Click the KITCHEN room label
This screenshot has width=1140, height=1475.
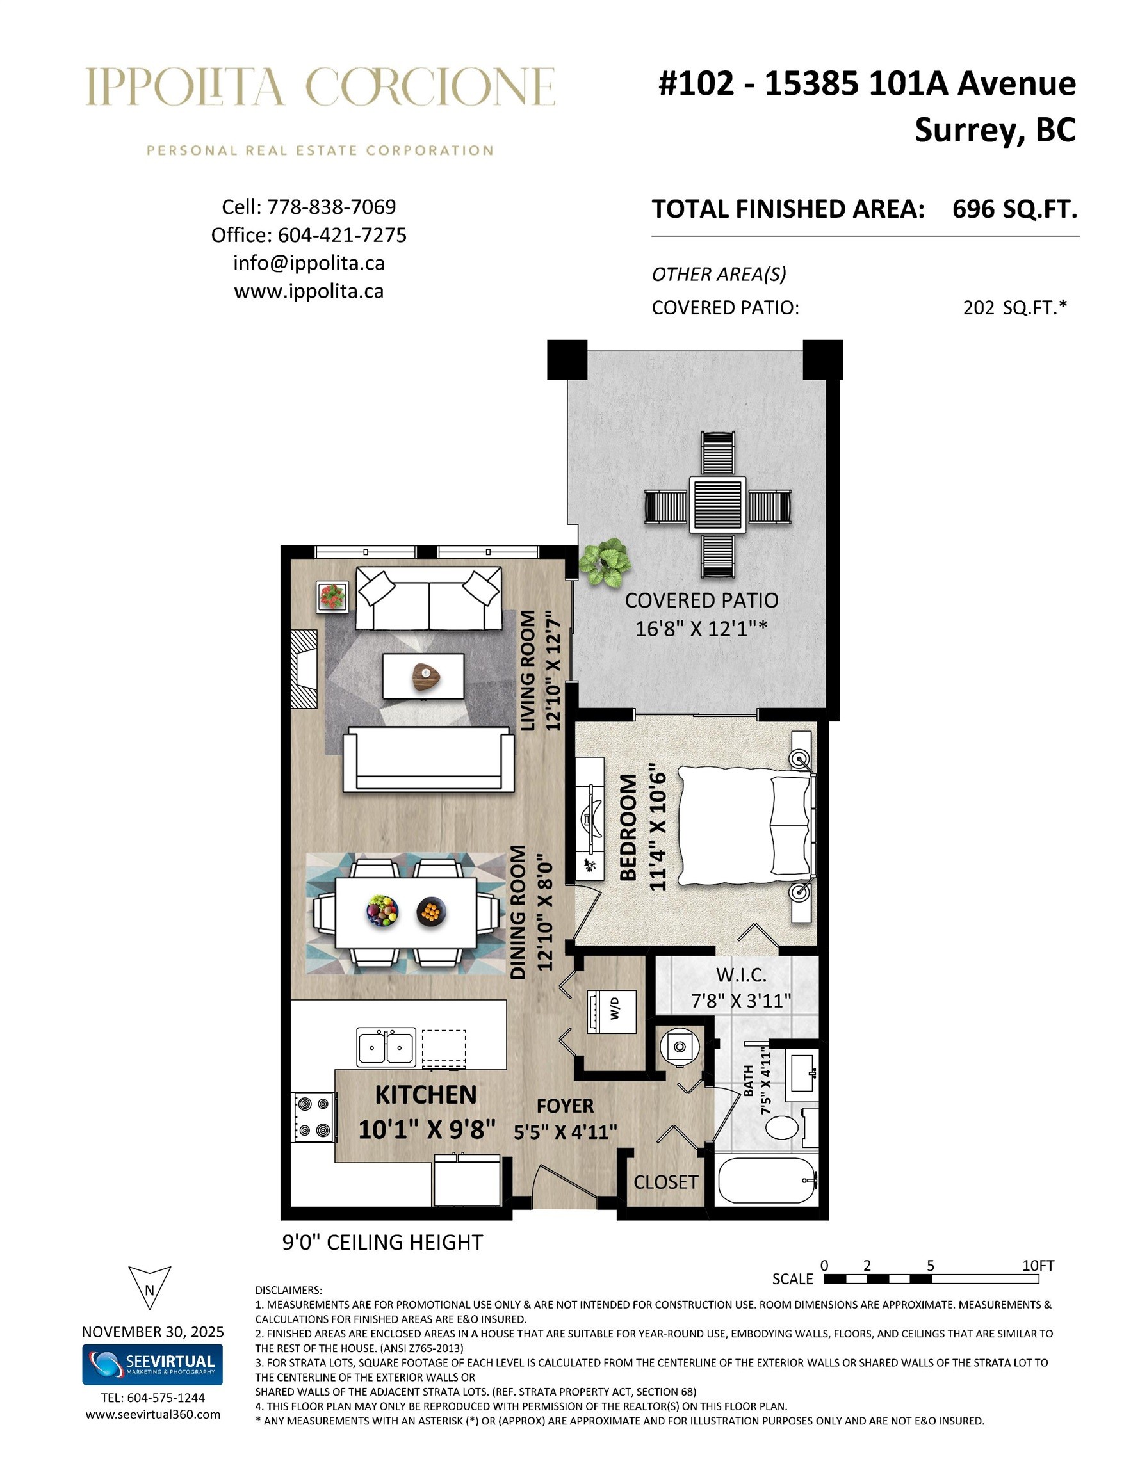[x=426, y=1095]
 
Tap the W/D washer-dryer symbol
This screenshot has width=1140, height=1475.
[x=611, y=1010]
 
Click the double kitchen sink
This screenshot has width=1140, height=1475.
[x=386, y=1047]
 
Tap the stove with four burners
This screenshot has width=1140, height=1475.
[x=314, y=1118]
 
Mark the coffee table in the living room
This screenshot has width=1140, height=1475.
[x=424, y=676]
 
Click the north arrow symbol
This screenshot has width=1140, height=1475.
[x=149, y=1287]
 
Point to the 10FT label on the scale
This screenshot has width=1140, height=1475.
[x=1038, y=1265]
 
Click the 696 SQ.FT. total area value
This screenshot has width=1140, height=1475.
[x=1014, y=209]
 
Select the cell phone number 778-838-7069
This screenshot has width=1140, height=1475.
[x=332, y=207]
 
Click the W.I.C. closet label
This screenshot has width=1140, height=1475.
[x=741, y=975]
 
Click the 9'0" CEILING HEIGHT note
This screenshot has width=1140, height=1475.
[x=382, y=1241]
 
